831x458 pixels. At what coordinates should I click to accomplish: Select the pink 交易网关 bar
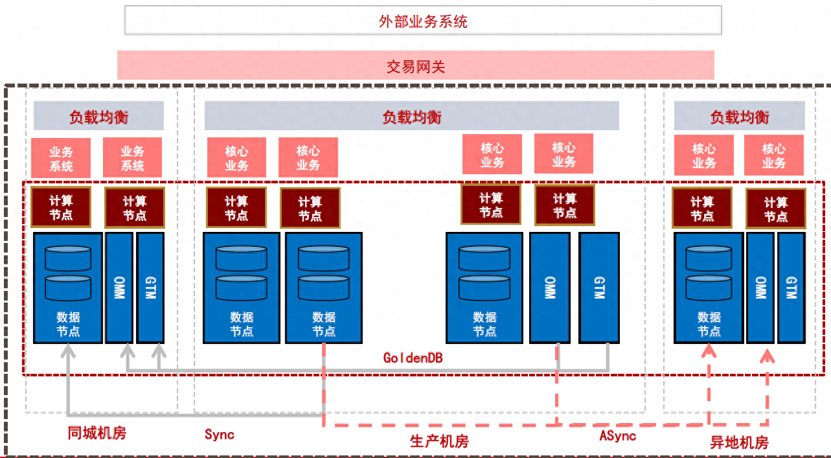tap(415, 65)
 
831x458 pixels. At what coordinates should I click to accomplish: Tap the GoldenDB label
tap(413, 358)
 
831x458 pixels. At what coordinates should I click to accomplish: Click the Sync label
tap(219, 434)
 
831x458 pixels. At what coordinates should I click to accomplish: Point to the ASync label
tap(617, 435)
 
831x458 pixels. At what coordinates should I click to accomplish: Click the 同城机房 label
tap(97, 433)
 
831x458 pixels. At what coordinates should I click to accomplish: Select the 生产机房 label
tap(439, 442)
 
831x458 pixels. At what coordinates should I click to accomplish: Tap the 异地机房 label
tap(739, 443)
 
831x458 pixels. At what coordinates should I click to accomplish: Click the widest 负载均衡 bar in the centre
tap(412, 117)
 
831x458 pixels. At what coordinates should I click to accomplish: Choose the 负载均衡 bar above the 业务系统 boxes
tap(98, 117)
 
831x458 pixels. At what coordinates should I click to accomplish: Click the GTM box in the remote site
tap(790, 287)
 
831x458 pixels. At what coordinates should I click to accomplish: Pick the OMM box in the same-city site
tap(119, 287)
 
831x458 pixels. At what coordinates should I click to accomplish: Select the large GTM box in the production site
tap(598, 287)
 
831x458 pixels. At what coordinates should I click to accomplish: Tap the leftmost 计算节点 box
tap(61, 207)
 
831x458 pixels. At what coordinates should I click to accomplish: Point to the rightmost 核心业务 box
tap(773, 155)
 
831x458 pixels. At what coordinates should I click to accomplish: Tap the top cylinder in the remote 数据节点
tap(709, 257)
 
